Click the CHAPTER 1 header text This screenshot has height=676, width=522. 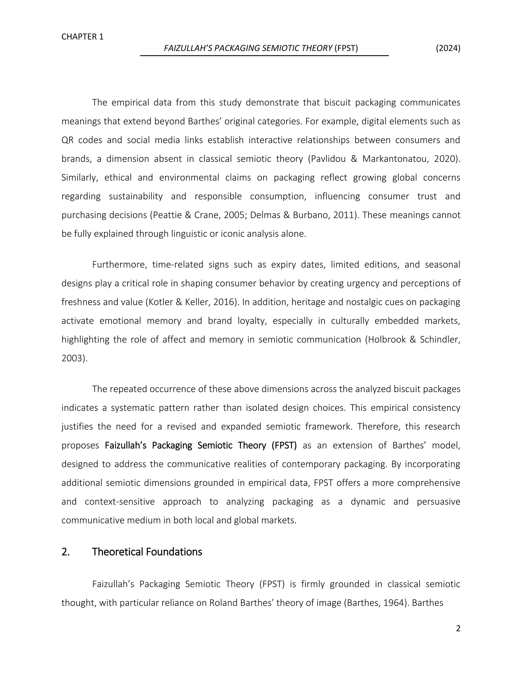(82, 37)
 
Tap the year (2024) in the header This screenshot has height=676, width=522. (448, 48)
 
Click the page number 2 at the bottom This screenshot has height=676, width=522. (458, 628)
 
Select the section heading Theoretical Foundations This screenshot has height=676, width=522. (147, 552)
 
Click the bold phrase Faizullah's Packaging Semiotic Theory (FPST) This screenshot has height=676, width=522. (201, 445)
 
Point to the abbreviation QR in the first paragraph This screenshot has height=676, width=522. (67, 140)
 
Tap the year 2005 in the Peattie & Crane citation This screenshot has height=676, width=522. (236, 215)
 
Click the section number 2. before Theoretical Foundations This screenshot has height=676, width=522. (66, 552)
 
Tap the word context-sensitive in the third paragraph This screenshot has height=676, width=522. (120, 502)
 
